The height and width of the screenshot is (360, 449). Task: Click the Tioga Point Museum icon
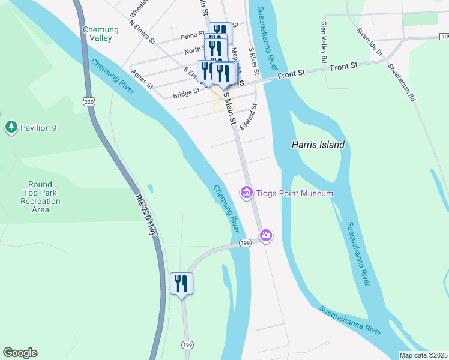point(246,193)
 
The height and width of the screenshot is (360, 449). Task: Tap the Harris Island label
point(318,145)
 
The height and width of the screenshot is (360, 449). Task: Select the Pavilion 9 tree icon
point(11,127)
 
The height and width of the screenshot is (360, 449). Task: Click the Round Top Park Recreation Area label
point(40,197)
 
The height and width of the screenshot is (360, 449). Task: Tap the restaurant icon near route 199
point(181,283)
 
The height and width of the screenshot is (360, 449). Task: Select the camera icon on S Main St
point(266,235)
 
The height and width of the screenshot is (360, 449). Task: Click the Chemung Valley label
point(97,34)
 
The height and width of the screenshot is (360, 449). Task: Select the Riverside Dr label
point(370,40)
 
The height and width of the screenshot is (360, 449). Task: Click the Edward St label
point(248,117)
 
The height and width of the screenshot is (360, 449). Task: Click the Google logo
point(20,353)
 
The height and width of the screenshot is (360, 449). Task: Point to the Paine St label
point(193,36)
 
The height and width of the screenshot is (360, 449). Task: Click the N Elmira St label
point(142,33)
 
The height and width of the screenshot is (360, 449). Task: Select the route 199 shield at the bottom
point(187,345)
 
